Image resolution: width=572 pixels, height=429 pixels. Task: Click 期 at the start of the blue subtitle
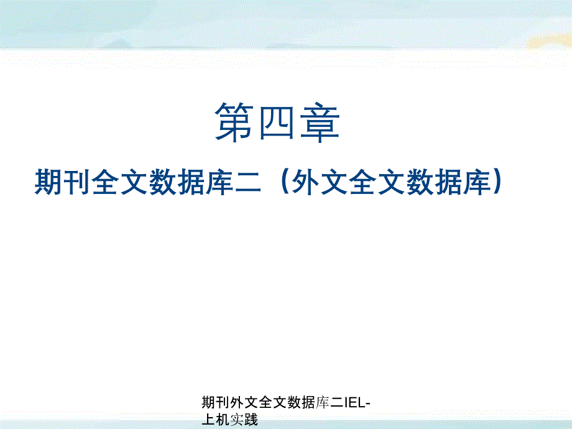(x=48, y=183)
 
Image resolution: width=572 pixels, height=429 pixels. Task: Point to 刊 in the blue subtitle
(x=76, y=183)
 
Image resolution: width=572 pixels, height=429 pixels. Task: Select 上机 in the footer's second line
(x=215, y=420)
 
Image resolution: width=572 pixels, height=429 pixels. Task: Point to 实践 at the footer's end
(x=243, y=420)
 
